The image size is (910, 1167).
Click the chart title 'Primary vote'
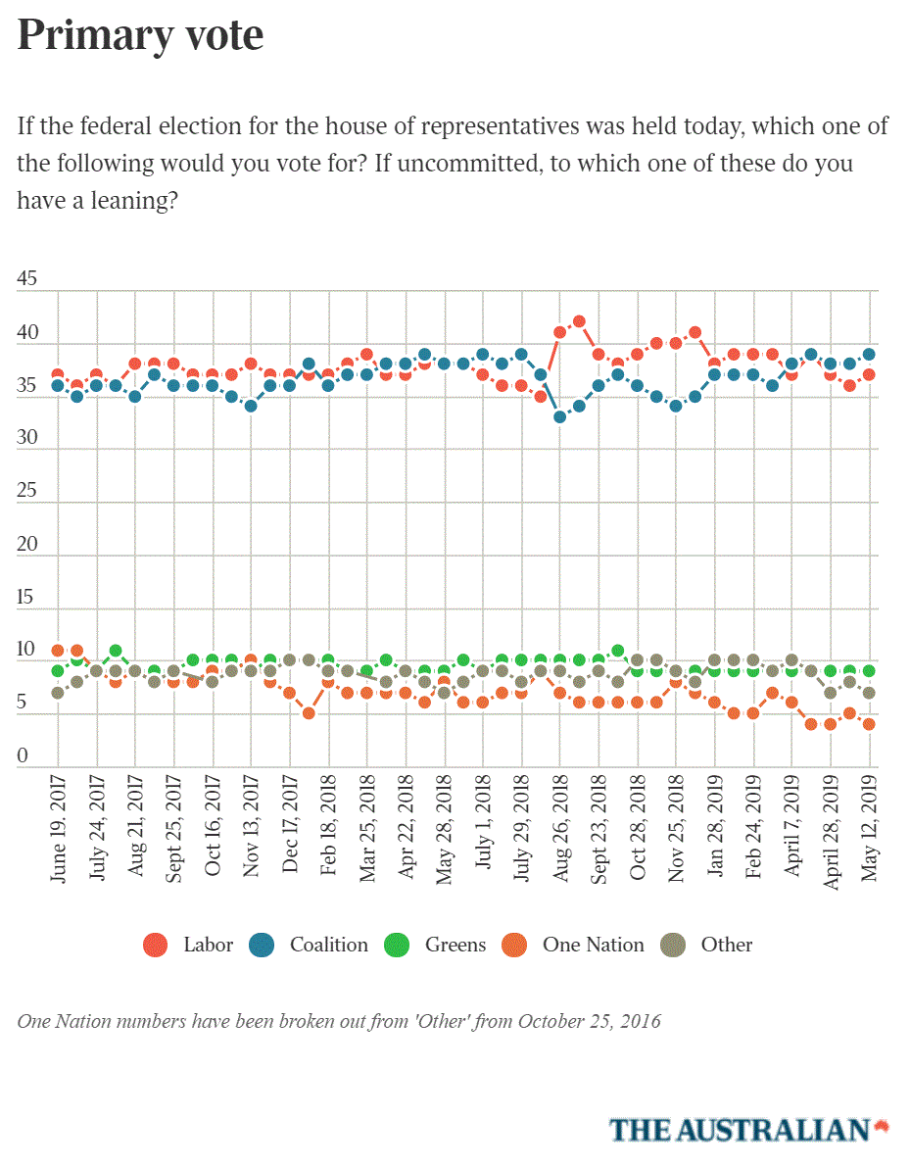coord(140,35)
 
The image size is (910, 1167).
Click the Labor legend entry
coord(190,946)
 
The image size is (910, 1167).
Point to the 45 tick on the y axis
coord(27,280)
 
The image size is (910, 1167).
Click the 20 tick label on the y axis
coord(27,545)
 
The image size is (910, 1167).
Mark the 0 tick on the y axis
coord(24,756)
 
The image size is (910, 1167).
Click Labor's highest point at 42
coord(579,321)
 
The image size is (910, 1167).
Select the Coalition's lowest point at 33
coord(560,416)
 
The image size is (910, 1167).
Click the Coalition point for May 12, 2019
coord(869,354)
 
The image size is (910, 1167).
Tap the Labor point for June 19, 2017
coord(58,374)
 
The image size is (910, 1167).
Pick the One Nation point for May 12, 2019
coord(869,724)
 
